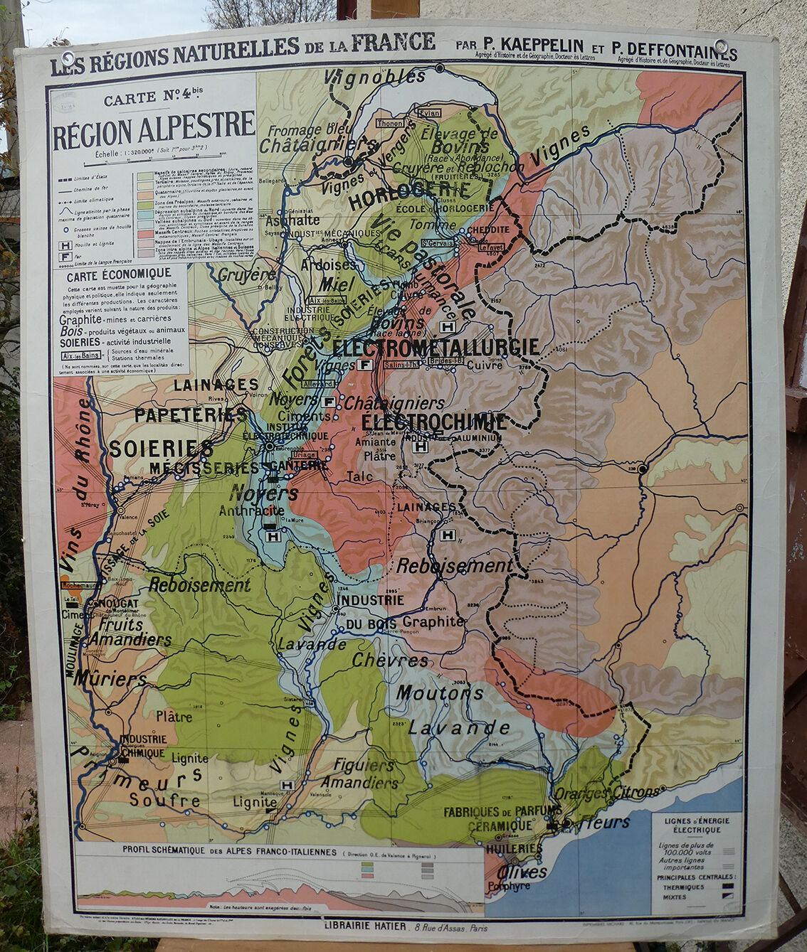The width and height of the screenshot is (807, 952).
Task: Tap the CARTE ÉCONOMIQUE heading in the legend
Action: pos(119,273)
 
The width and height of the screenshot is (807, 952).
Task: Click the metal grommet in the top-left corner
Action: pos(68,58)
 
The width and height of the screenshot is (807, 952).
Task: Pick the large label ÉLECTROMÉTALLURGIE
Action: pos(436,347)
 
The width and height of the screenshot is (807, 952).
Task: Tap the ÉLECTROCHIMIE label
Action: pos(433,420)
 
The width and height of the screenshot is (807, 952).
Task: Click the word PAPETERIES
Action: pos(190,415)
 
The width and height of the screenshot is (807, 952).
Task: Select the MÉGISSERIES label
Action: pos(205,467)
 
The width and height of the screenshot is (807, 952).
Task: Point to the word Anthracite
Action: pos(251,510)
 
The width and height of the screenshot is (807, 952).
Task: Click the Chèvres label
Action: pos(390,660)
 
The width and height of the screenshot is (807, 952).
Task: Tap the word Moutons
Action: pos(440,692)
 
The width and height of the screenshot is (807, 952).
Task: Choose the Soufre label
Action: pos(165,800)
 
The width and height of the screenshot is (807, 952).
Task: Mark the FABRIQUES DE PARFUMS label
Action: pos(502,811)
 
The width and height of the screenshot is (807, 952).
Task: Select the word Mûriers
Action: pos(110,678)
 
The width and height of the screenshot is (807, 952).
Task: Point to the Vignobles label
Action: pos(374,76)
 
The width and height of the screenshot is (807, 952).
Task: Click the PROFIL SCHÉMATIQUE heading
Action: pos(229,850)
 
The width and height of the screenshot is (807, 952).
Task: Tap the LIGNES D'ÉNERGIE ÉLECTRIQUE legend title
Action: pos(697,825)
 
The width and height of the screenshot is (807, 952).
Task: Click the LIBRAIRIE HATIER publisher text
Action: pos(365,926)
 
